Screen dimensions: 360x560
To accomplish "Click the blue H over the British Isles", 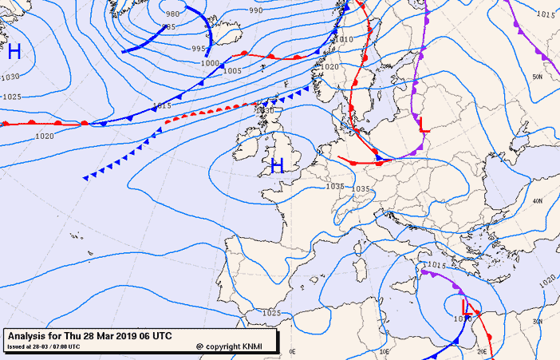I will click(x=277, y=166).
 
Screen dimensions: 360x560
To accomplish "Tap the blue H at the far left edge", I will click(x=14, y=53).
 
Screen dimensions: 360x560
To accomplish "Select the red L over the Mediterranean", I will click(x=464, y=306).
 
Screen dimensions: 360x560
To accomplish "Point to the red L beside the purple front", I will click(x=423, y=125).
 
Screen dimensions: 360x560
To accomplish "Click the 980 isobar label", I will click(x=172, y=14).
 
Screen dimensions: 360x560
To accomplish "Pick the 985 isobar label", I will click(x=168, y=27).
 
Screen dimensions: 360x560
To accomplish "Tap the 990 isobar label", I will click(x=255, y=10).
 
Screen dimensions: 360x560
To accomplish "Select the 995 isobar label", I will click(x=199, y=49).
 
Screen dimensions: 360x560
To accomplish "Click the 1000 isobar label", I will click(x=209, y=62).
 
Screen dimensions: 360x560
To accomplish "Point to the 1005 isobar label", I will click(x=232, y=70).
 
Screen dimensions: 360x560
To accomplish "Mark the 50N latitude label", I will click(x=537, y=77).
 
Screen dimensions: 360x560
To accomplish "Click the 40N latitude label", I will click(x=537, y=201).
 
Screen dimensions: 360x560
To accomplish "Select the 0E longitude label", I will click(x=292, y=350).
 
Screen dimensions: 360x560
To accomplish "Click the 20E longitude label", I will click(x=482, y=350).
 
